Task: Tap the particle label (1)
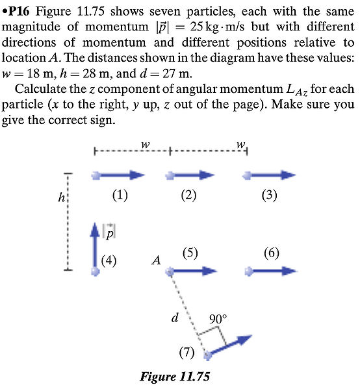pos(119,195)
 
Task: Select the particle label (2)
pos(188,195)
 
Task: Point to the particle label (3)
pos(269,195)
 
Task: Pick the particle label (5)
pos(190,253)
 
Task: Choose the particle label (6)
pos(272,253)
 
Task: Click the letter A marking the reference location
pos(155,261)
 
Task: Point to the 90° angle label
pos(218,319)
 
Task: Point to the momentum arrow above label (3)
pos(270,175)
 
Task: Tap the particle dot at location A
pos(170,271)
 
